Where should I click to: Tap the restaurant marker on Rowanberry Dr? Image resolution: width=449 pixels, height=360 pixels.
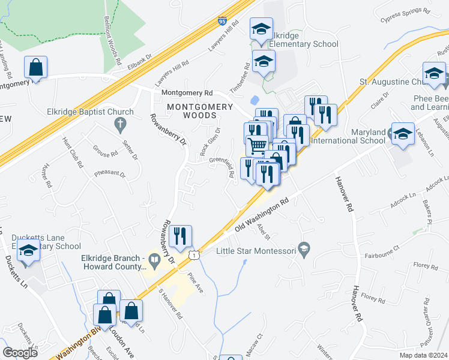click(180, 236)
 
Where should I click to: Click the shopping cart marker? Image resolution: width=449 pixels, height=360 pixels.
click(258, 146)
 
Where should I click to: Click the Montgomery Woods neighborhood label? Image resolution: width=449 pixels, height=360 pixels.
click(199, 111)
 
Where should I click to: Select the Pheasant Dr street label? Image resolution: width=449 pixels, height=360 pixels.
click(109, 175)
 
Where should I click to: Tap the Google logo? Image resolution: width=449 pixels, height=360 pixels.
click(20, 352)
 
